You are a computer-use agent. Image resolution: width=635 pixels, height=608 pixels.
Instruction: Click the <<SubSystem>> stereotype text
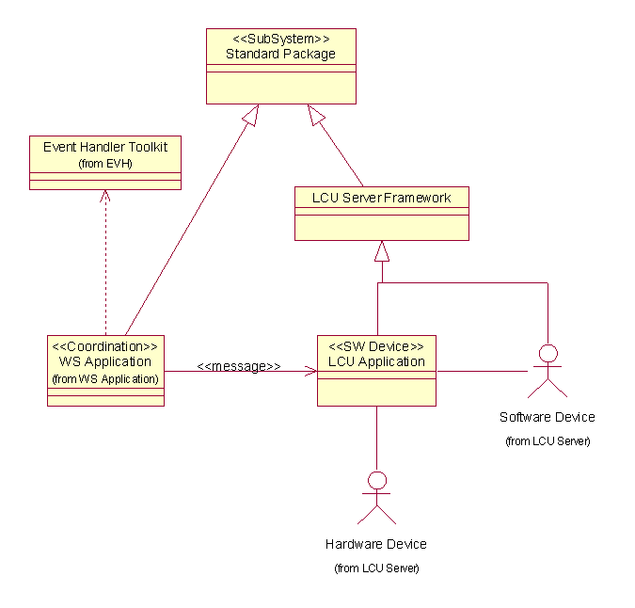coord(280,39)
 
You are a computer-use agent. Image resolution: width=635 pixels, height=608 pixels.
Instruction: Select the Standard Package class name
coord(280,54)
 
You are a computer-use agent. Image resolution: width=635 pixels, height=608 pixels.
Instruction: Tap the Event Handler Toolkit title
coord(105,147)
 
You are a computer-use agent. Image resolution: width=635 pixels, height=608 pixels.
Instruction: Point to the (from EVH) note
coord(105,163)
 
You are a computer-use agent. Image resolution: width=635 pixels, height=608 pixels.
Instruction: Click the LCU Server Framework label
coord(381,198)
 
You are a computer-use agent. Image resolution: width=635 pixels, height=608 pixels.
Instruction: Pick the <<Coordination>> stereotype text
coord(105,345)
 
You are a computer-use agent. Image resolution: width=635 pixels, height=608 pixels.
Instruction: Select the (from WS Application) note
coord(105,379)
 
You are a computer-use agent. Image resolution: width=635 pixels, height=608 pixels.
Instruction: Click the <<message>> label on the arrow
coord(239,366)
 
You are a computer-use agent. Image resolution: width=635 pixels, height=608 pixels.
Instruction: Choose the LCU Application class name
coord(376,361)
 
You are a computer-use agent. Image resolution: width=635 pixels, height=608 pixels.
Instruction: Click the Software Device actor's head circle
coord(547,353)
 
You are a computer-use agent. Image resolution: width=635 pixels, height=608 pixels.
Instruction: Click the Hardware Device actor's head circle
coord(376,481)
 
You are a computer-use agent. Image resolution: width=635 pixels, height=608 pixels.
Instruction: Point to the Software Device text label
coord(547,417)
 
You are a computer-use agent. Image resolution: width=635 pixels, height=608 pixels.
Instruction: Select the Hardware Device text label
coord(376,544)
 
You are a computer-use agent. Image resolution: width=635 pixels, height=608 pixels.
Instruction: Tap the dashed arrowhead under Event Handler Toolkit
coord(106,196)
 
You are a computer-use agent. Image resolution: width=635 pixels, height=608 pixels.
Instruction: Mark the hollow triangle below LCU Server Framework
coord(381,251)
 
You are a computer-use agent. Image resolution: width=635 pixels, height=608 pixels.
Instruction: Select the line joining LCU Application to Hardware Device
coord(376,438)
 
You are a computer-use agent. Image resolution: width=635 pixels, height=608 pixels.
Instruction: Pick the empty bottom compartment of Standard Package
coord(280,87)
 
